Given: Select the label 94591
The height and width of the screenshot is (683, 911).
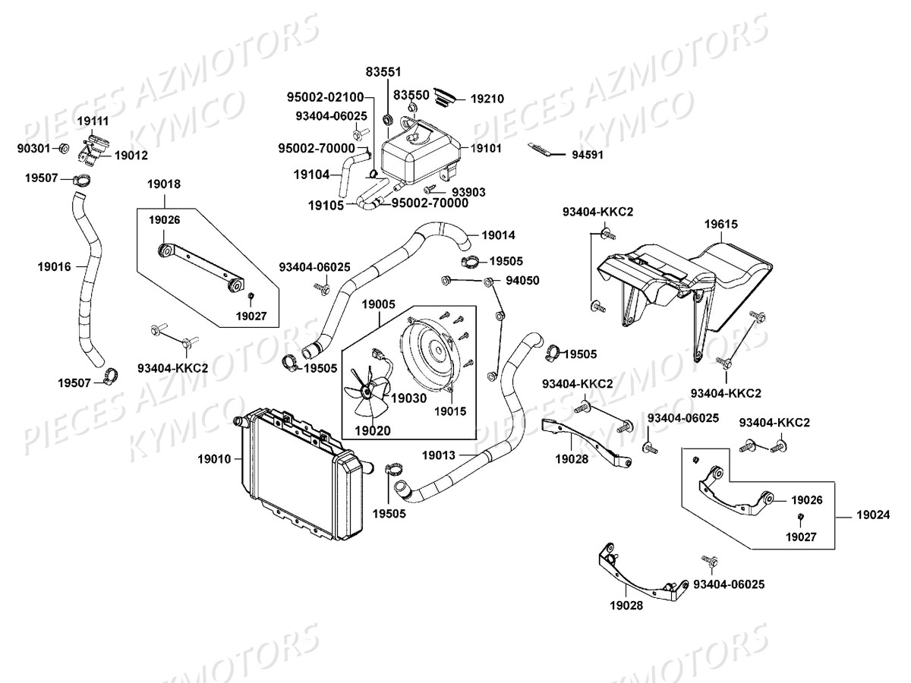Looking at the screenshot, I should coord(587,156).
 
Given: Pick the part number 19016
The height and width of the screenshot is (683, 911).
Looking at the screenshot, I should coord(53,266).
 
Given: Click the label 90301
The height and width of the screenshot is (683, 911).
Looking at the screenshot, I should coord(34,147).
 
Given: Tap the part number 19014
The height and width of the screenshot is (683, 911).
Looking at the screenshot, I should coord(498,235).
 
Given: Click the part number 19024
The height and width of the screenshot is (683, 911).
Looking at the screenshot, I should coord(874,515).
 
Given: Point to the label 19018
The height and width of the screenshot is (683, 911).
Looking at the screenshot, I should coord(164,184).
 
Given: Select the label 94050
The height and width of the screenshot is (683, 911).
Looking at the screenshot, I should coord(522,280).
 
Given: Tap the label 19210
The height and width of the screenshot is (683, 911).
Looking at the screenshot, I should coord(487,99).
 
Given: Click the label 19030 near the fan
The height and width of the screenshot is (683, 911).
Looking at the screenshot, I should coord(409,397).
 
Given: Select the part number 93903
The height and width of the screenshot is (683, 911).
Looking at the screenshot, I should coord(468,192).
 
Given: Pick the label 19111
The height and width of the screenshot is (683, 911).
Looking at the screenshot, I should coord(93,121).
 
